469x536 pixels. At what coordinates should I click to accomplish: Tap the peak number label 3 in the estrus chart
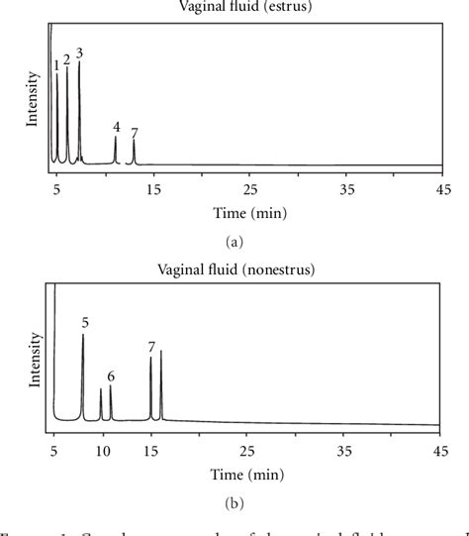(x=79, y=53)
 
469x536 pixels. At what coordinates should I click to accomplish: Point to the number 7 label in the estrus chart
(x=135, y=133)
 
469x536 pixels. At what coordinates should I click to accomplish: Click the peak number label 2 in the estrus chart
(x=66, y=59)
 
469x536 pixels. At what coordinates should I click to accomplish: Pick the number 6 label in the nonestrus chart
(x=111, y=376)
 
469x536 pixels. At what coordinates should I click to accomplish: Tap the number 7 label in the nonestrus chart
(x=151, y=347)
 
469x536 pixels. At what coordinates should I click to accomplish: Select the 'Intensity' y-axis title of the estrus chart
(x=33, y=103)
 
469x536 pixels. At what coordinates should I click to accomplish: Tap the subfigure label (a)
(x=234, y=241)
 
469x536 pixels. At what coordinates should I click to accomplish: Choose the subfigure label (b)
(x=234, y=504)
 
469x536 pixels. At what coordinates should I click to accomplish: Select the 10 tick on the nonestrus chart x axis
(x=102, y=451)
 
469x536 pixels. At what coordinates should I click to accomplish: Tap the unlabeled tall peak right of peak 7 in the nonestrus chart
(x=161, y=386)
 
